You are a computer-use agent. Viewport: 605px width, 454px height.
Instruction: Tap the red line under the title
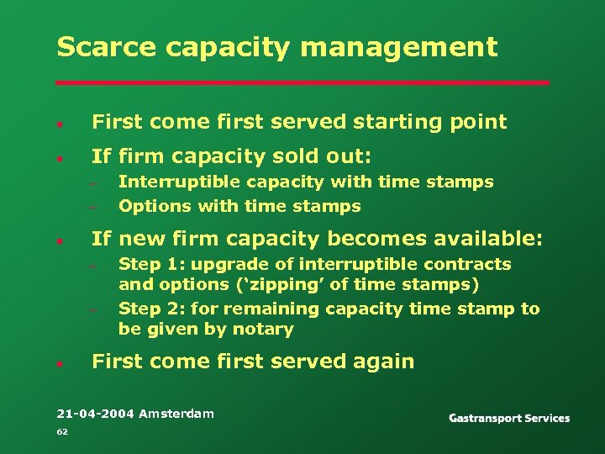point(302,83)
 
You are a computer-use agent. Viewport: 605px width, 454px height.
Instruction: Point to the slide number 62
point(61,432)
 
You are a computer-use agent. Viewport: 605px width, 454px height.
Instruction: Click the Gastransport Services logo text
point(509,418)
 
